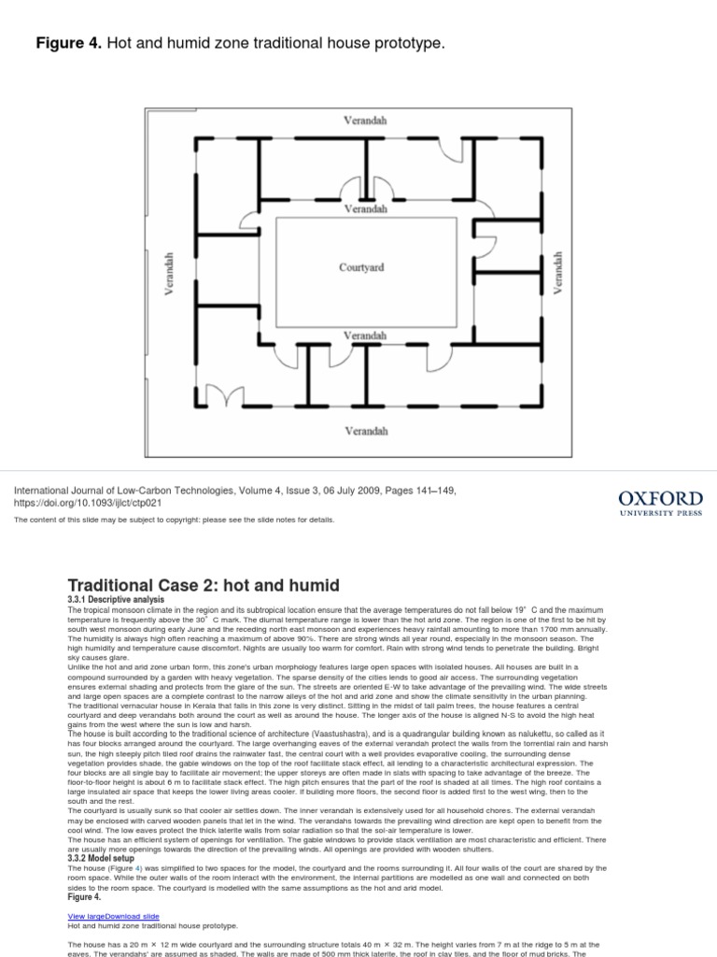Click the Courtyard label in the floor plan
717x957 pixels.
click(360, 267)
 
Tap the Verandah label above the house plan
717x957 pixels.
click(366, 121)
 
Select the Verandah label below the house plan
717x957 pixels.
click(366, 431)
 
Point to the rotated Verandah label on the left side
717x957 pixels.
click(169, 273)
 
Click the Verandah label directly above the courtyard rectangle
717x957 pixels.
click(364, 209)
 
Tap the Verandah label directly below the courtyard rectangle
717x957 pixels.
click(364, 335)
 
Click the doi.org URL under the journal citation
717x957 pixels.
click(89, 502)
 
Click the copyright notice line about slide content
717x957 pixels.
click(173, 520)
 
